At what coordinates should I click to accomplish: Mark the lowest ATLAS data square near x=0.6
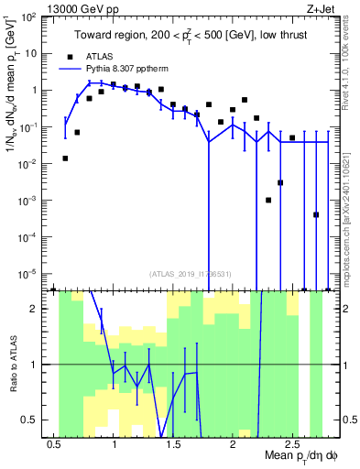click(65, 158)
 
